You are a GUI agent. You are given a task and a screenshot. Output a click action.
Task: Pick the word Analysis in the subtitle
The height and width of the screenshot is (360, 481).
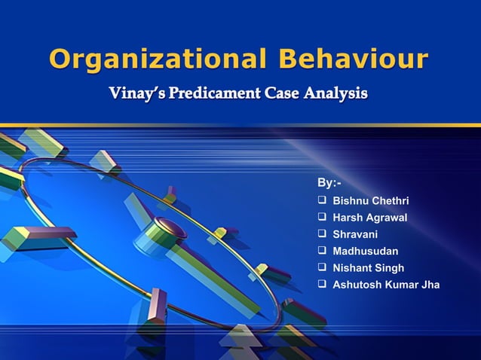337,95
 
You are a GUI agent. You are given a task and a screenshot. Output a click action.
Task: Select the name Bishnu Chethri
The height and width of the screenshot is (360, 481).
370,201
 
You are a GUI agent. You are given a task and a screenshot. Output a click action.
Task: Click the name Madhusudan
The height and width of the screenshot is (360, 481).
365,251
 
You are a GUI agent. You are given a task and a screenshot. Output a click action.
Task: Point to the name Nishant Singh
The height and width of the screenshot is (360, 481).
368,267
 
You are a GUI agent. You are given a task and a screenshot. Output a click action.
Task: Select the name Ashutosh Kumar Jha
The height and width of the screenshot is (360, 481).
385,284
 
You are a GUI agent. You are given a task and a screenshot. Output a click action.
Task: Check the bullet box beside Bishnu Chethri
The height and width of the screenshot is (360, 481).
322,201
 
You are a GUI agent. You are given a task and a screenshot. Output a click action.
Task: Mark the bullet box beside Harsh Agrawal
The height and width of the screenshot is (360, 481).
322,218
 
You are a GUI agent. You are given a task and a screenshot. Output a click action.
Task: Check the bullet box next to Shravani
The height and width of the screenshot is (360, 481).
322,234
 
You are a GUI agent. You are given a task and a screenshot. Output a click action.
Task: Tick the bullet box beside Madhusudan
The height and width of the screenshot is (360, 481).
322,251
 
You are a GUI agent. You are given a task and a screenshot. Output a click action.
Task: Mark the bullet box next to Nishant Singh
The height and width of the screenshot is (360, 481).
322,267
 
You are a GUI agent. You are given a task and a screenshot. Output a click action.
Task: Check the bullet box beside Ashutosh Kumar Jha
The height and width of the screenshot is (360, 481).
322,284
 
